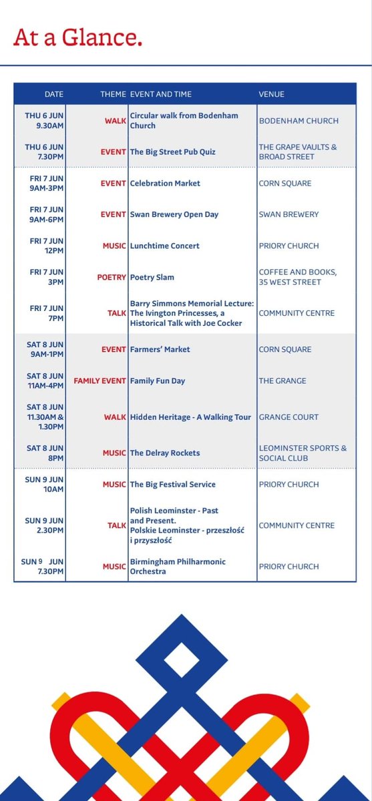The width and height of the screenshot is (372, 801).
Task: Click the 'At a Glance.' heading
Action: coord(77,38)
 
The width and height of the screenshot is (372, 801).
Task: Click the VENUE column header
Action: coord(271,94)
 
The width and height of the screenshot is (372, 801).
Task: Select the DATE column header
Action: coord(54,94)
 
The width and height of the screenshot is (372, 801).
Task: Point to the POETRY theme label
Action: coord(112,277)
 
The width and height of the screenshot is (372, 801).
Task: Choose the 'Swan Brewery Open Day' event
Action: coord(174,214)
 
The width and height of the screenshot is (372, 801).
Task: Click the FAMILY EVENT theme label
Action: coord(100,381)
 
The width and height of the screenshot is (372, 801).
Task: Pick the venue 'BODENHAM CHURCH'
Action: coord(299,121)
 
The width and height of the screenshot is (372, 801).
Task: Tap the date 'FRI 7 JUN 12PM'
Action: coord(45,246)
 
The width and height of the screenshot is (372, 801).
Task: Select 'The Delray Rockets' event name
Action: coord(165,453)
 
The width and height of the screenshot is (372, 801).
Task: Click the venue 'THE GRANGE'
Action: coord(283,381)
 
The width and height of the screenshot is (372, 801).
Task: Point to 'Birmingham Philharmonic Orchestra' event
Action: coord(178,567)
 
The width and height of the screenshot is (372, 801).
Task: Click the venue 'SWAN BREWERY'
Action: coord(289,214)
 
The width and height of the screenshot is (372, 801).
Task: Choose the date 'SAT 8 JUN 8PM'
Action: coord(45,453)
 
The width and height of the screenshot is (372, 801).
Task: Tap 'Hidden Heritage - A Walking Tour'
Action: coord(190,417)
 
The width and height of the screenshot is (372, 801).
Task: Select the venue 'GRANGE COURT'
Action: coord(289,417)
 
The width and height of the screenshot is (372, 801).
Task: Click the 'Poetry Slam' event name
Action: coord(152,277)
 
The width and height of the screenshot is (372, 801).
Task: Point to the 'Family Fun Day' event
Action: coord(157,381)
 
